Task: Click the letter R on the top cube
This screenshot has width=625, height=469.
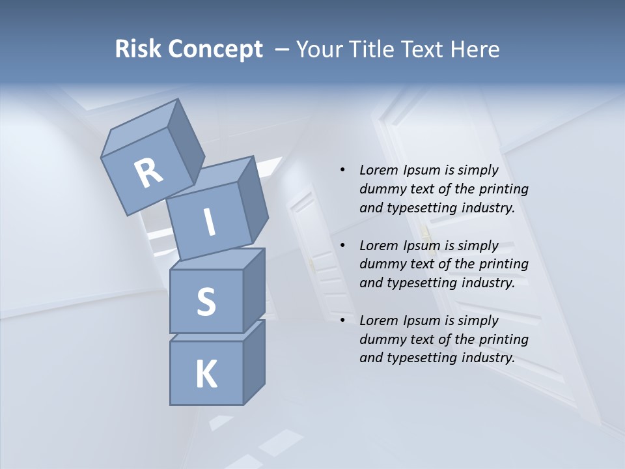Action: tap(148, 173)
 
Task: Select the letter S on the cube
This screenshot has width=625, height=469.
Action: tap(206, 302)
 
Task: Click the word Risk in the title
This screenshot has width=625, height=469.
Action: tap(138, 50)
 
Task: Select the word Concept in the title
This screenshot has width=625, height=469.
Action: tap(215, 50)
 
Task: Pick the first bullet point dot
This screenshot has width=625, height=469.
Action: tap(342, 171)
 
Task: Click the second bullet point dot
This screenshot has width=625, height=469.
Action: tap(342, 246)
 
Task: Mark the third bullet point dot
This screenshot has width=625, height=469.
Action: tap(342, 320)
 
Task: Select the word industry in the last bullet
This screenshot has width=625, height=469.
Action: tap(488, 358)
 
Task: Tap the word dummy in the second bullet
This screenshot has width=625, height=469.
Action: tap(380, 264)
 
